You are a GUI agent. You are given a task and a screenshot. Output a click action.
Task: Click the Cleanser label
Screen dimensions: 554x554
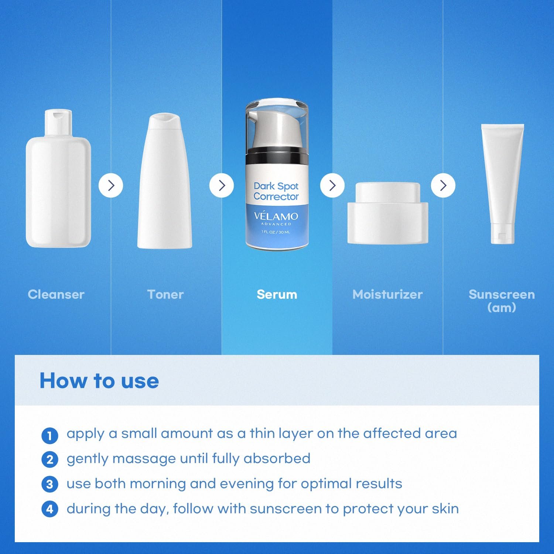coord(56,294)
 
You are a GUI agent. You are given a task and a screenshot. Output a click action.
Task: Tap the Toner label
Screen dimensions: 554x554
coord(165,294)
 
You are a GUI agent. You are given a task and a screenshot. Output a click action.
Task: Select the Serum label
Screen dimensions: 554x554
coord(277,294)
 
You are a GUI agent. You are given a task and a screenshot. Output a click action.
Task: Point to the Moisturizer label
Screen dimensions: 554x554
coord(387,294)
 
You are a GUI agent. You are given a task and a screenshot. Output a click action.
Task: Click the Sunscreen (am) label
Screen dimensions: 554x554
coord(502,301)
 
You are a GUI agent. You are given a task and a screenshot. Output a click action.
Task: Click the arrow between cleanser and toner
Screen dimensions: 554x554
coord(111,185)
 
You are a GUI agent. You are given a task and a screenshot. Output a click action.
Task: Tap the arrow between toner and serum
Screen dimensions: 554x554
coord(222,185)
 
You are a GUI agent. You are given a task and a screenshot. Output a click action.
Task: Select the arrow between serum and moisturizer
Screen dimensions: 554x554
coord(332,185)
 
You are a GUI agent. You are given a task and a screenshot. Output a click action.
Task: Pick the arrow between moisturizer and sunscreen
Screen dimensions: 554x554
coord(443,185)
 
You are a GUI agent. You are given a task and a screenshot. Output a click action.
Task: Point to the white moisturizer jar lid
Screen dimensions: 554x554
coord(388,193)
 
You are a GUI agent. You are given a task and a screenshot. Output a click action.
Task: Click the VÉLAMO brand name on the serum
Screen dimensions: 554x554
coord(276,216)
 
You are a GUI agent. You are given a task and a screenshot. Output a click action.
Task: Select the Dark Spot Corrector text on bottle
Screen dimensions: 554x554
coord(276,191)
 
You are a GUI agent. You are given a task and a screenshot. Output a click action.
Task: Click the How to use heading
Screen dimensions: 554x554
coord(99,381)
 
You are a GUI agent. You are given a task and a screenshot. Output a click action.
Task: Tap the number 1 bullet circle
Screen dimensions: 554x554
coord(50,435)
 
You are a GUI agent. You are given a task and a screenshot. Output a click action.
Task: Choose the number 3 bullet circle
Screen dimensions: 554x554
coord(50,484)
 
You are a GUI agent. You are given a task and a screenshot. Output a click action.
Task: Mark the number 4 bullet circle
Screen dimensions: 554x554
coord(50,509)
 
